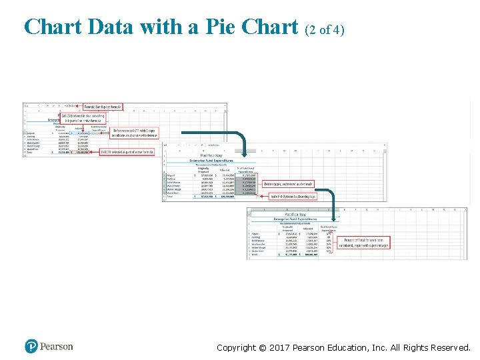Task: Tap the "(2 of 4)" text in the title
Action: tap(325, 30)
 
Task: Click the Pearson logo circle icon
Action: tap(31, 347)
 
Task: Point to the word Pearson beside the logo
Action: tap(57, 347)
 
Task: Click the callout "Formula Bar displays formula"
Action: tap(103, 107)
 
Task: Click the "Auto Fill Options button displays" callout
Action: tap(293, 197)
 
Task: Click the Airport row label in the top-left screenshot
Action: tap(31, 133)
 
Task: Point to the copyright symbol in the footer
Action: tap(262, 347)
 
